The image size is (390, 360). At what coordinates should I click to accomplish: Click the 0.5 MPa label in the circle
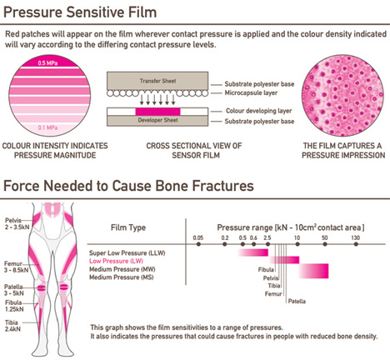[47, 63]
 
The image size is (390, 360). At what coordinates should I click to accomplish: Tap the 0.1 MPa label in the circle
[47, 127]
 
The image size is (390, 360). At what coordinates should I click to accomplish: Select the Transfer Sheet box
[157, 81]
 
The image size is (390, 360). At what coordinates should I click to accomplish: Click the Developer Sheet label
[157, 120]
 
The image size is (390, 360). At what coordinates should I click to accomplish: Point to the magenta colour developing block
[157, 112]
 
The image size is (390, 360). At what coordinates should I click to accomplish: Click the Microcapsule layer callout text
[251, 92]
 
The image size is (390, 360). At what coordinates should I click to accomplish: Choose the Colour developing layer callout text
[258, 111]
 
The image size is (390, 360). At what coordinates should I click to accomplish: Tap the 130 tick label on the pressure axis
[355, 237]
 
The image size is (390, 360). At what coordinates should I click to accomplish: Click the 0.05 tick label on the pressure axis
[198, 237]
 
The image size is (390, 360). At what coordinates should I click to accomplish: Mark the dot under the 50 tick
[325, 244]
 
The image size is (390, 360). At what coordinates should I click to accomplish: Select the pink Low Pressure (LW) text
[116, 261]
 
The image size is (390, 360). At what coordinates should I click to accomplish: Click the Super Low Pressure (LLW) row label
[127, 253]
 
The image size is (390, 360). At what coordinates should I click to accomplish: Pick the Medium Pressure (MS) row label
[121, 277]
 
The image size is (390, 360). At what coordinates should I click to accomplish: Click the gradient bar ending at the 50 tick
[313, 271]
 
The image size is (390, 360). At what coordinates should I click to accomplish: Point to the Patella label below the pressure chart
[297, 302]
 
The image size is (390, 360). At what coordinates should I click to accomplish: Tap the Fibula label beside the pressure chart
[266, 269]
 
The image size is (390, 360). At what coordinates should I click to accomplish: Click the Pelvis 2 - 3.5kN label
[17, 223]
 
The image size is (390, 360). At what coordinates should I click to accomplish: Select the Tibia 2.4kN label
[12, 326]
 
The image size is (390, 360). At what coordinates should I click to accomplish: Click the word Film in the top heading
[141, 12]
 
